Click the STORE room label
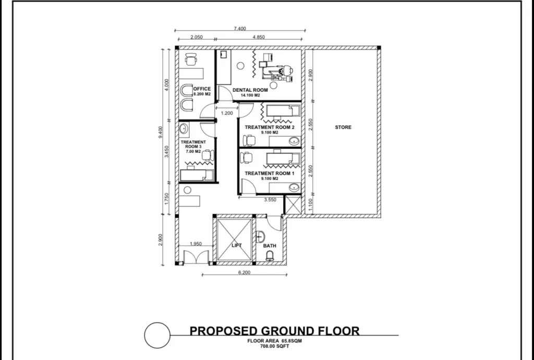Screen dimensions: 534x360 pyautogui.click(x=343, y=127)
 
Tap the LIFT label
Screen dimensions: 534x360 pyautogui.click(x=237, y=245)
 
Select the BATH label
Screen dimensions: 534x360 pyautogui.click(x=270, y=246)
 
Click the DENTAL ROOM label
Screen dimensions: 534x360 pyautogui.click(x=250, y=90)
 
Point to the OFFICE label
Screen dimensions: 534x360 pyautogui.click(x=202, y=89)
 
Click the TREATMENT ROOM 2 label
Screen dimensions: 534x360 pyautogui.click(x=270, y=127)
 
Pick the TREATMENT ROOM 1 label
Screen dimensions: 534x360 pyautogui.click(x=270, y=173)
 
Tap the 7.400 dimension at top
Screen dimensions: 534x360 pyautogui.click(x=240, y=29)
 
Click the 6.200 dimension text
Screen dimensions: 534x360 pyautogui.click(x=244, y=272)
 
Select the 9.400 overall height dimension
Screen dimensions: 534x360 pyautogui.click(x=161, y=132)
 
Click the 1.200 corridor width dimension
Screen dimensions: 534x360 pyautogui.click(x=227, y=113)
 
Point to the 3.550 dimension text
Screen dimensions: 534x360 pyautogui.click(x=270, y=200)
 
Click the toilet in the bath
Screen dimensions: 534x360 pyautogui.click(x=270, y=256)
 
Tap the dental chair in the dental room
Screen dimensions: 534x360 pyautogui.click(x=276, y=71)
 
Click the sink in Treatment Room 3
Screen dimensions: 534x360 pyautogui.click(x=183, y=129)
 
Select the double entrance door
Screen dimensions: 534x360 pyautogui.click(x=196, y=257)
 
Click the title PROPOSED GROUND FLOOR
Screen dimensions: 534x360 pyautogui.click(x=274, y=331)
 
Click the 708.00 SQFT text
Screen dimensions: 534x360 pyautogui.click(x=274, y=346)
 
